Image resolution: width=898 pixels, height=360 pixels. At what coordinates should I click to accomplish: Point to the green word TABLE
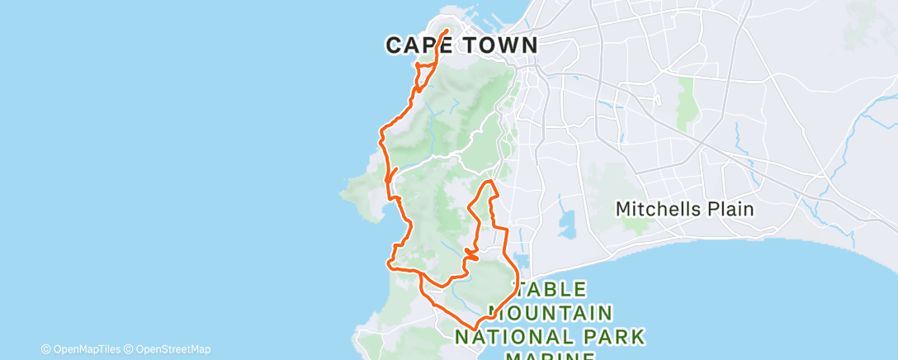[x=552, y=290]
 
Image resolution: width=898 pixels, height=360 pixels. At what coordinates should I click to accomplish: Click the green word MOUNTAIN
[x=551, y=313]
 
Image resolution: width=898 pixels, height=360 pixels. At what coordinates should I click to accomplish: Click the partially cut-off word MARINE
[x=550, y=356]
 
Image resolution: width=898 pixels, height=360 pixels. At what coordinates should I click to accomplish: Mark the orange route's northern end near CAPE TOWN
[x=447, y=31]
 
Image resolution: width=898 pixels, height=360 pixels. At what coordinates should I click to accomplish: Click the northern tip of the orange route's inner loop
[x=489, y=181]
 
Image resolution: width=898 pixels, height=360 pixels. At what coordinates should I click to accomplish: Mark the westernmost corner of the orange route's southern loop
[x=389, y=263]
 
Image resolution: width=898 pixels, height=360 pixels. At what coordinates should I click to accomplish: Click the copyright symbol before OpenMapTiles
[x=46, y=349]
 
